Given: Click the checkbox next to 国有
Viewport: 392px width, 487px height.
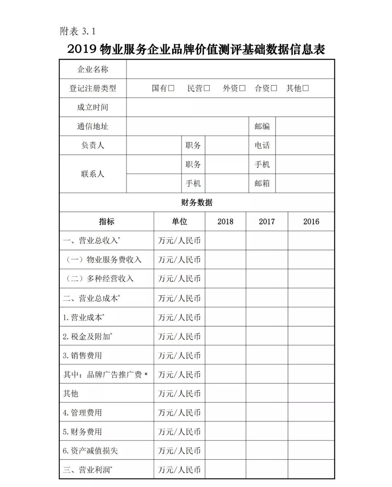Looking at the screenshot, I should coord(171,88).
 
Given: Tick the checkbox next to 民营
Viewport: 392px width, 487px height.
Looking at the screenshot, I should coord(207,88).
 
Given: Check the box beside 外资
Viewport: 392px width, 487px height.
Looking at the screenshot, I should coord(242,88).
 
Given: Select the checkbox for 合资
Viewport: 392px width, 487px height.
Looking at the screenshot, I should coord(274,88).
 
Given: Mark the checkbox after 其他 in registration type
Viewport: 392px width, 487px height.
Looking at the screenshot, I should coord(306,88).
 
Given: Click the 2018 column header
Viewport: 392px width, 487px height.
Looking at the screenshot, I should coord(225,222).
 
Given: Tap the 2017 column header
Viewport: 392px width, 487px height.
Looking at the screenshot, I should coord(267,222).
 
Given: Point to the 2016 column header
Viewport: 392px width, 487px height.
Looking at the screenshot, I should coord(311,222).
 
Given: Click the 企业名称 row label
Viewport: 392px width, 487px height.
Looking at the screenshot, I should coord(93,69).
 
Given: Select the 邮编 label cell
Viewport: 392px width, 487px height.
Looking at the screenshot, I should coord(262,126).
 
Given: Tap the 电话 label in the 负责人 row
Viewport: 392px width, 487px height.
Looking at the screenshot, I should coord(262,145).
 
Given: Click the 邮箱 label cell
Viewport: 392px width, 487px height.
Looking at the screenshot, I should coord(262,183).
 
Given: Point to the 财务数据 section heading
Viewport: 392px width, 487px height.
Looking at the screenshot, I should coord(196,203).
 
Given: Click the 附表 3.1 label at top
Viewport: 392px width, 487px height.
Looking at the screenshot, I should coord(78,32).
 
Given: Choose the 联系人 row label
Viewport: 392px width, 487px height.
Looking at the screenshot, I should coord(93,174).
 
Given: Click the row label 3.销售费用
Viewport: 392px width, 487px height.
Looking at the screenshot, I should coord(82,356).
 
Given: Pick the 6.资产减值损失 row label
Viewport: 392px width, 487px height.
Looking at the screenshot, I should coord(90,451).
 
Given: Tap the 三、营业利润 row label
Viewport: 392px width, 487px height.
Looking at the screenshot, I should coord(87,470).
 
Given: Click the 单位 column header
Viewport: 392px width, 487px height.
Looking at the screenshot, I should coord(179,222).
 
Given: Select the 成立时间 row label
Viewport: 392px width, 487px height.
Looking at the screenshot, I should coord(93,107).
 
